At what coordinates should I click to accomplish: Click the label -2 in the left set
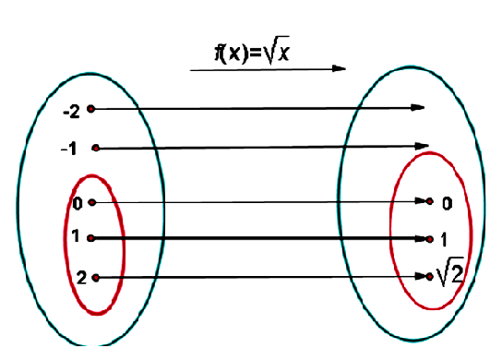click(x=71, y=112)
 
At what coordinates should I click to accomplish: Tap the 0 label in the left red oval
click(x=78, y=202)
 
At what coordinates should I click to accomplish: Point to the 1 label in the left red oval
click(x=76, y=237)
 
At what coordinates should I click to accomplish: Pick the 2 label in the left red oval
click(x=81, y=277)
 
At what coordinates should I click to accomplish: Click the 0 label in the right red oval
click(x=447, y=202)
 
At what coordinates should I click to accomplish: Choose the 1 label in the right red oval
click(x=444, y=239)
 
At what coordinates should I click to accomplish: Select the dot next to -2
click(x=90, y=110)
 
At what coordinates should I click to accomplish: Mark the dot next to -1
click(x=95, y=148)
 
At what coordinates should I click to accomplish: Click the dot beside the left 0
click(x=91, y=202)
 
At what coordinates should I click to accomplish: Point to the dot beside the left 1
click(x=90, y=238)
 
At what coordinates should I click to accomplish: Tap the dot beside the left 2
click(x=95, y=277)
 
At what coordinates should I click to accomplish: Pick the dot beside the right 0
click(x=431, y=201)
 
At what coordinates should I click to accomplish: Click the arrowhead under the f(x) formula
click(x=341, y=68)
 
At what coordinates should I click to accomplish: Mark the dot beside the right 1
click(x=430, y=238)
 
